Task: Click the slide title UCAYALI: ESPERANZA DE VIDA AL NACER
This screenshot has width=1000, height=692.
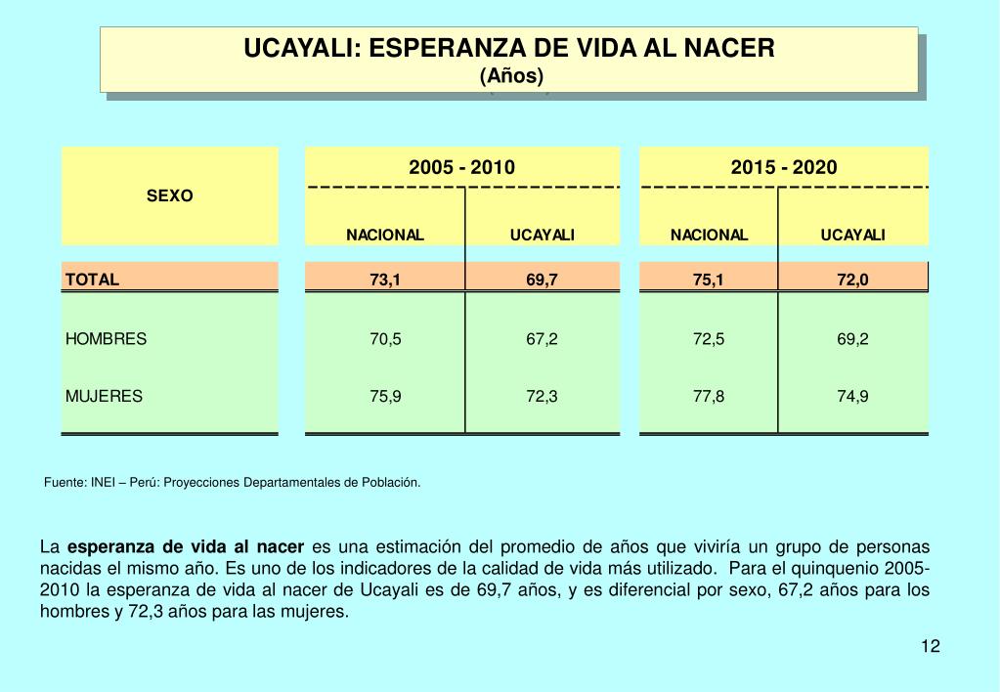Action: pyautogui.click(x=508, y=48)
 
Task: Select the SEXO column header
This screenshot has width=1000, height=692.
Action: pyautogui.click(x=170, y=195)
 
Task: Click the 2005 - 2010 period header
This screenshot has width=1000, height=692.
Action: pyautogui.click(x=462, y=167)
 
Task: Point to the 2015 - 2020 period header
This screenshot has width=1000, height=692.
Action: pyautogui.click(x=784, y=167)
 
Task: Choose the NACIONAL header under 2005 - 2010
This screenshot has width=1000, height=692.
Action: pyautogui.click(x=385, y=235)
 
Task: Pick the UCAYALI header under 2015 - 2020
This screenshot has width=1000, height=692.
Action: pyautogui.click(x=852, y=235)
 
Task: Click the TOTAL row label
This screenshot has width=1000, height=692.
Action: pyautogui.click(x=92, y=280)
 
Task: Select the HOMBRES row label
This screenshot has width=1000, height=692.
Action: pyautogui.click(x=106, y=339)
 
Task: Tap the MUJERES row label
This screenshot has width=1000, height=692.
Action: pyautogui.click(x=104, y=396)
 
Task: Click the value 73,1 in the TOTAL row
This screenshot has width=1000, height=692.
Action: pyautogui.click(x=385, y=280)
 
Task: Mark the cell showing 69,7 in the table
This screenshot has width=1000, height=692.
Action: pyautogui.click(x=542, y=280)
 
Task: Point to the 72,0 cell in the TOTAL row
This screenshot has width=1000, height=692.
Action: pyautogui.click(x=852, y=280)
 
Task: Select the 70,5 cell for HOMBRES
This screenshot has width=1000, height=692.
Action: pyautogui.click(x=385, y=339)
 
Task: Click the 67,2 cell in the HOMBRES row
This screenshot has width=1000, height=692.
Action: pyautogui.click(x=542, y=339)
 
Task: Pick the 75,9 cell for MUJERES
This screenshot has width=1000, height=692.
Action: pyautogui.click(x=385, y=396)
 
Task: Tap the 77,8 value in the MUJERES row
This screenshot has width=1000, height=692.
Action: pyautogui.click(x=709, y=396)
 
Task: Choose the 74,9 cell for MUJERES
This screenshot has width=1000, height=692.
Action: pyautogui.click(x=852, y=396)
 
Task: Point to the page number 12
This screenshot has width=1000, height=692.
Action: pyautogui.click(x=930, y=646)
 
